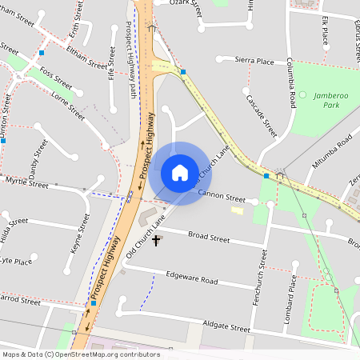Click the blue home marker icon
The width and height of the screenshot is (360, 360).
180,172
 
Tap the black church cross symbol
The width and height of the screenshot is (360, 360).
156,239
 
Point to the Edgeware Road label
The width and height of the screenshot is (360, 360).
191,281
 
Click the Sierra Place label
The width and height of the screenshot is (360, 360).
254,61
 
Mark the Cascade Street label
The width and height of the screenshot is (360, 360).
262,116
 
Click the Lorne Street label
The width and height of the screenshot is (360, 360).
67,105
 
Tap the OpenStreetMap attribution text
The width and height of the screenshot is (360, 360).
81,354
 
